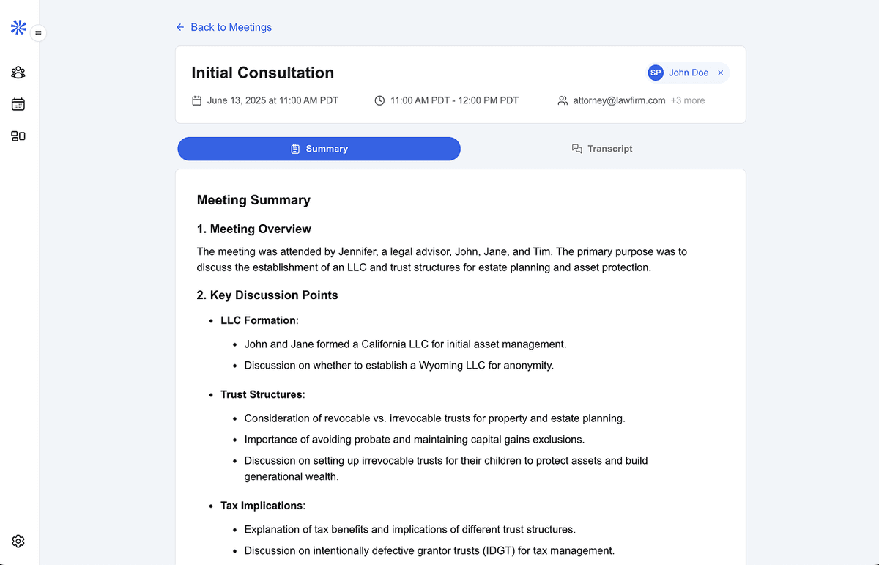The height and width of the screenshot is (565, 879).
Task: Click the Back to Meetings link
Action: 223,27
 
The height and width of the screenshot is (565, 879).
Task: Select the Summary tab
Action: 319,149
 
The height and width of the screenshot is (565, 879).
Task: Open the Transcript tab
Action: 602,149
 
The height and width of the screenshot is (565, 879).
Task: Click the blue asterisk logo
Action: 18,28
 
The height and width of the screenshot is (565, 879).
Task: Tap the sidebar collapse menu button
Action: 38,33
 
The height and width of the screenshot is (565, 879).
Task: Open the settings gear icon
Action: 18,542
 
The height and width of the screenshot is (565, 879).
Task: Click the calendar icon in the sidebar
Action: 18,104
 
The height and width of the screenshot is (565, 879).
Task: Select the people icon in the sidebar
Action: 18,73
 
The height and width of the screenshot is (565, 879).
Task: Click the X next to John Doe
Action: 721,73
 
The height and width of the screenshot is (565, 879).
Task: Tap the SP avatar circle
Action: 656,73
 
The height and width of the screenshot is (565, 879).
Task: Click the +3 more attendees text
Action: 688,100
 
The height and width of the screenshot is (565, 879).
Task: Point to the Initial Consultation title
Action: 262,73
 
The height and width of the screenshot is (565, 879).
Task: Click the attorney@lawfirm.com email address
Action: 619,100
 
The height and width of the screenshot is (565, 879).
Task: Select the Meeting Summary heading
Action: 253,200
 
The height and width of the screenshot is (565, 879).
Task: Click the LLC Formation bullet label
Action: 258,320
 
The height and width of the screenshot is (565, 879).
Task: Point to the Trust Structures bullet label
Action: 261,394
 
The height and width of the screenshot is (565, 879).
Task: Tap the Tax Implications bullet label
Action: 261,506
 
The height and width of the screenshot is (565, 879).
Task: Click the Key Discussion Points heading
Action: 267,295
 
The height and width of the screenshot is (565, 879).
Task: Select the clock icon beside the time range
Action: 379,100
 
